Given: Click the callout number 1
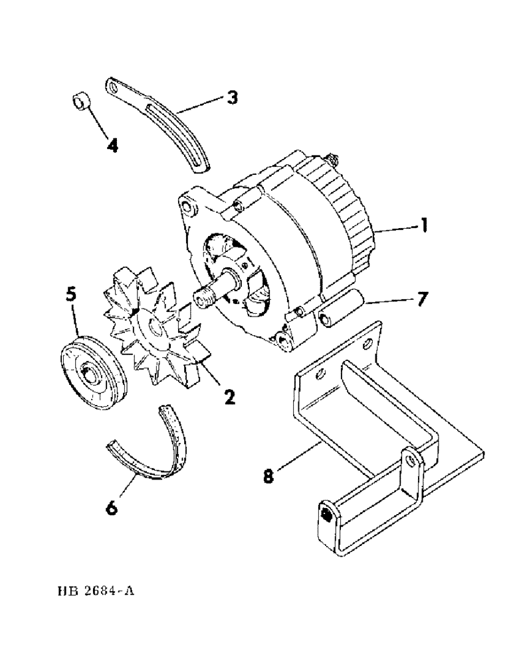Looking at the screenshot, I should pos(423,227).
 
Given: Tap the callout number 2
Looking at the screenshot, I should pos(228,397).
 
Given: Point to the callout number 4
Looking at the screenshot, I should pos(112,145).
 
